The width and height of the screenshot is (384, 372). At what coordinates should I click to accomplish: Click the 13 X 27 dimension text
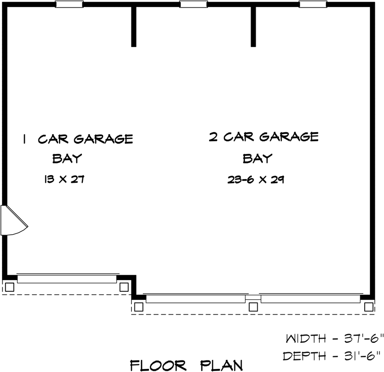click(64, 179)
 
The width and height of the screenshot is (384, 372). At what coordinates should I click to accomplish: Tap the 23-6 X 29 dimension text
click(256, 180)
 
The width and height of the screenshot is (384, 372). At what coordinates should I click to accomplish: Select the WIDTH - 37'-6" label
click(334, 339)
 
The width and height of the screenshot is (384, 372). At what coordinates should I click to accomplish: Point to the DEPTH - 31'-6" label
click(332, 356)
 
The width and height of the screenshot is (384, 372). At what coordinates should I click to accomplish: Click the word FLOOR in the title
click(158, 365)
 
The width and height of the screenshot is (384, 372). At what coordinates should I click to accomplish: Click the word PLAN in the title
click(221, 365)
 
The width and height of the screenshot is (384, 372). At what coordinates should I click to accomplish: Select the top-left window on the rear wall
click(69, 4)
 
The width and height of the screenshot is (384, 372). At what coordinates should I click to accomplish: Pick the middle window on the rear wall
click(194, 4)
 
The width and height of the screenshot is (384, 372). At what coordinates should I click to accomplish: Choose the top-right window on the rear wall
click(313, 4)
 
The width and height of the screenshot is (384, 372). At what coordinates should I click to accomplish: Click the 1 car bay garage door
click(67, 279)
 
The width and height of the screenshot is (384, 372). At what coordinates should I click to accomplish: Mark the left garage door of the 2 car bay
click(196, 299)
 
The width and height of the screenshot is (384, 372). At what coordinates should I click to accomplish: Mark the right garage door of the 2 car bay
click(311, 299)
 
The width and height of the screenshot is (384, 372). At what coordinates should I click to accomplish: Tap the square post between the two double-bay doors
click(253, 307)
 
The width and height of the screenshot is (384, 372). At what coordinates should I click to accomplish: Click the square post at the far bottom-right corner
click(368, 307)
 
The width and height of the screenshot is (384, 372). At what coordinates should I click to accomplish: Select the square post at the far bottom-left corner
click(10, 287)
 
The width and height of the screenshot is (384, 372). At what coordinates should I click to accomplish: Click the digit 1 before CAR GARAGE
click(24, 139)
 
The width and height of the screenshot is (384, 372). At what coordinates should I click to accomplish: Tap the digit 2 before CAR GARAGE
click(213, 137)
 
